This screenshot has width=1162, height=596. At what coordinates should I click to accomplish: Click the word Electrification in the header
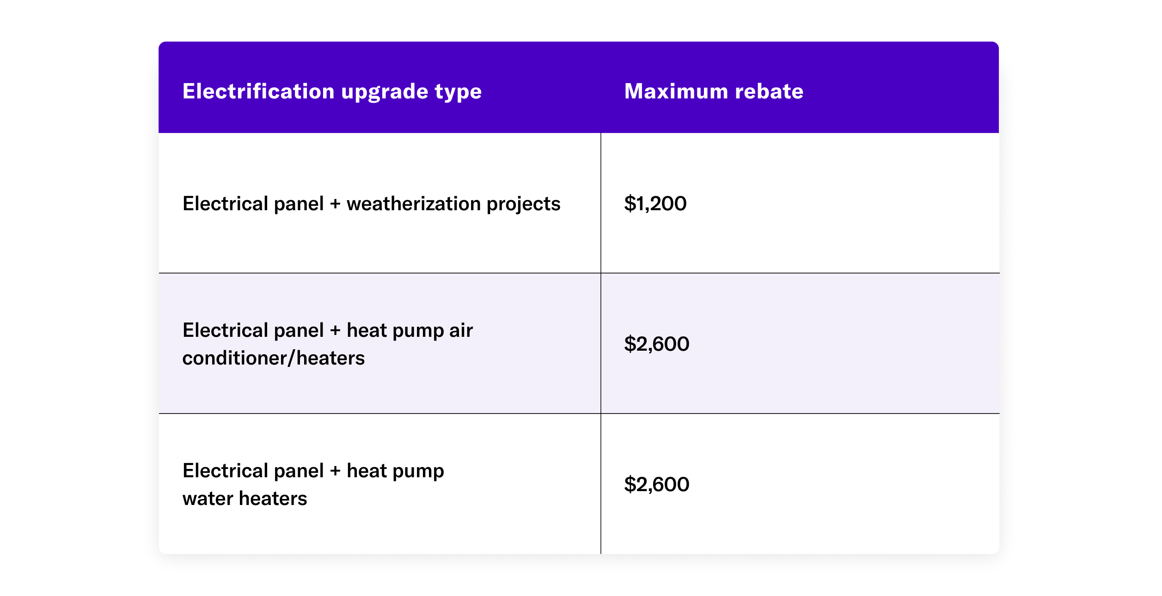pos(258,91)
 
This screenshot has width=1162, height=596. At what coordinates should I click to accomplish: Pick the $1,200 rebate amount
pos(655,204)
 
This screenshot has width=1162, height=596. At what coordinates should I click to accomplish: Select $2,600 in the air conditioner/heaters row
pos(656,344)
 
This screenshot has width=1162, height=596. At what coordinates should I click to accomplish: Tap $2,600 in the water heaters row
pos(656,485)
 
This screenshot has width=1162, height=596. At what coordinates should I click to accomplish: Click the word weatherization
pos(413,204)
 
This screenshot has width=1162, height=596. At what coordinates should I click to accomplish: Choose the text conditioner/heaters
pos(273,359)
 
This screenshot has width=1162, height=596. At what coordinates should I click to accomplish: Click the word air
pos(461,331)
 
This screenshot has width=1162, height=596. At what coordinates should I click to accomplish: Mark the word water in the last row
pos(208,499)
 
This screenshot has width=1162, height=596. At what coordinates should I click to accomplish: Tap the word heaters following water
pos(273,499)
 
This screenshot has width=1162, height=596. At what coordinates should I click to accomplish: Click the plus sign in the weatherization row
pos(335,204)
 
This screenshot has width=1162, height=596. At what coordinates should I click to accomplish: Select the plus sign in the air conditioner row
pos(335,331)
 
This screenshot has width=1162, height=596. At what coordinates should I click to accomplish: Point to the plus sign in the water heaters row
pos(335,471)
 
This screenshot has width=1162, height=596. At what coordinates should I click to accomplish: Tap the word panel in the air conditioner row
pos(299,331)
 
